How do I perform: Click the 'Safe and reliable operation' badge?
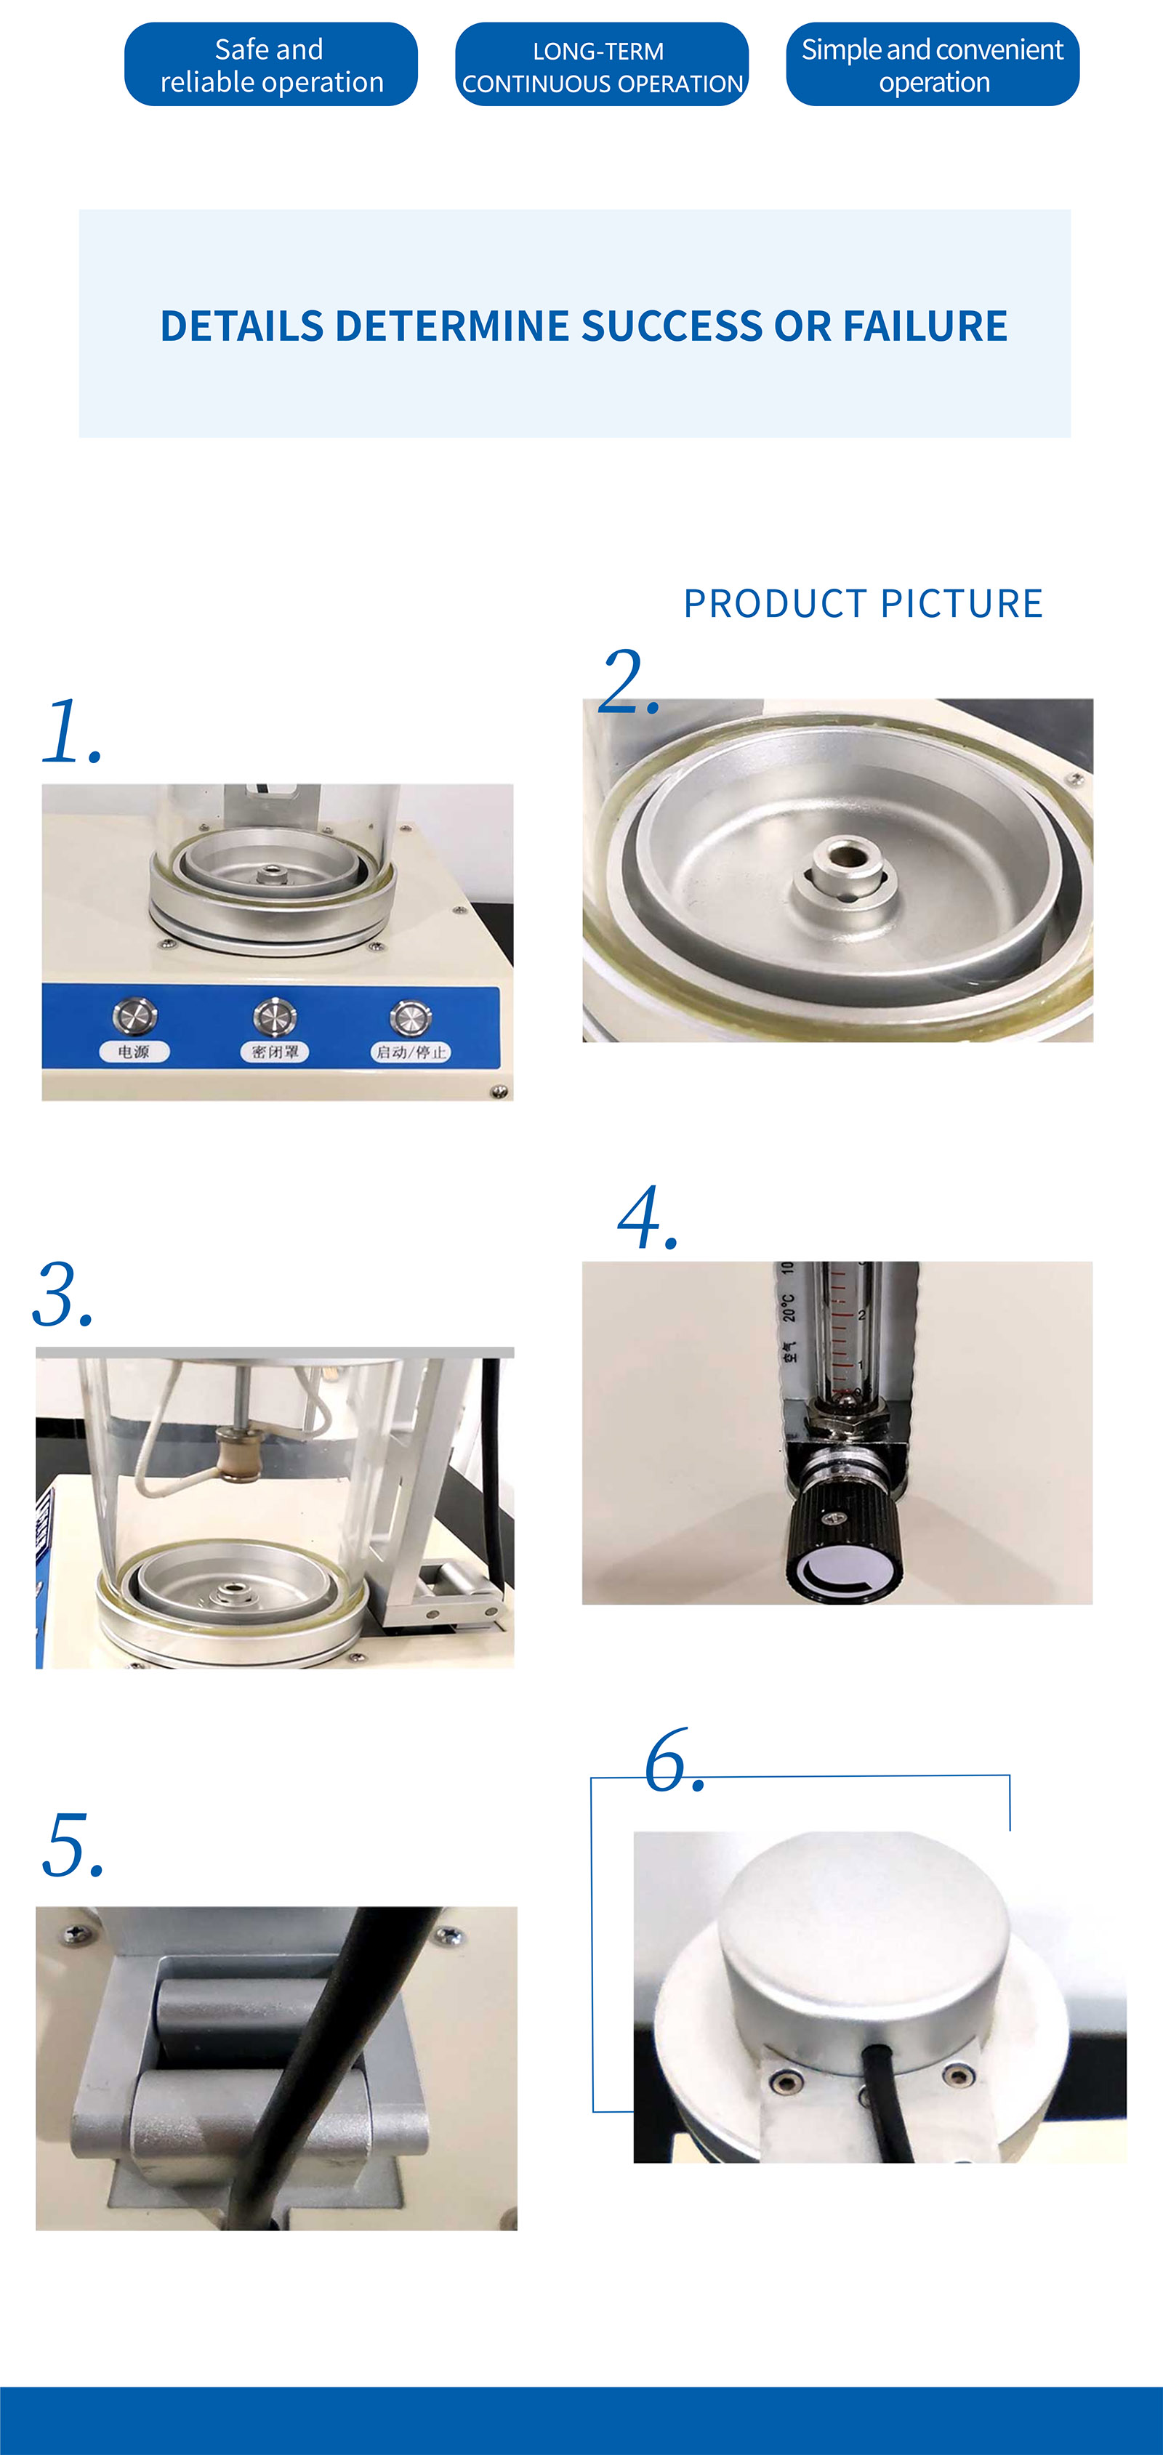coord(270,65)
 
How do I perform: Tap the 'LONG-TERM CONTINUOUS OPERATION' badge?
coord(602,65)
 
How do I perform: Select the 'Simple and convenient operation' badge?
coord(933,65)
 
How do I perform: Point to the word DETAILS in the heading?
coord(242,326)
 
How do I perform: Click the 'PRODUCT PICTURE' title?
coord(863,603)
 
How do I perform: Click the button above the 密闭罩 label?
coord(275,1016)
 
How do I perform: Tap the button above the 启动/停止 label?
coord(410,1016)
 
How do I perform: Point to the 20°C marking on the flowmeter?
coord(789,1307)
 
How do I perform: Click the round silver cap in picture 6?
coord(863,1935)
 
